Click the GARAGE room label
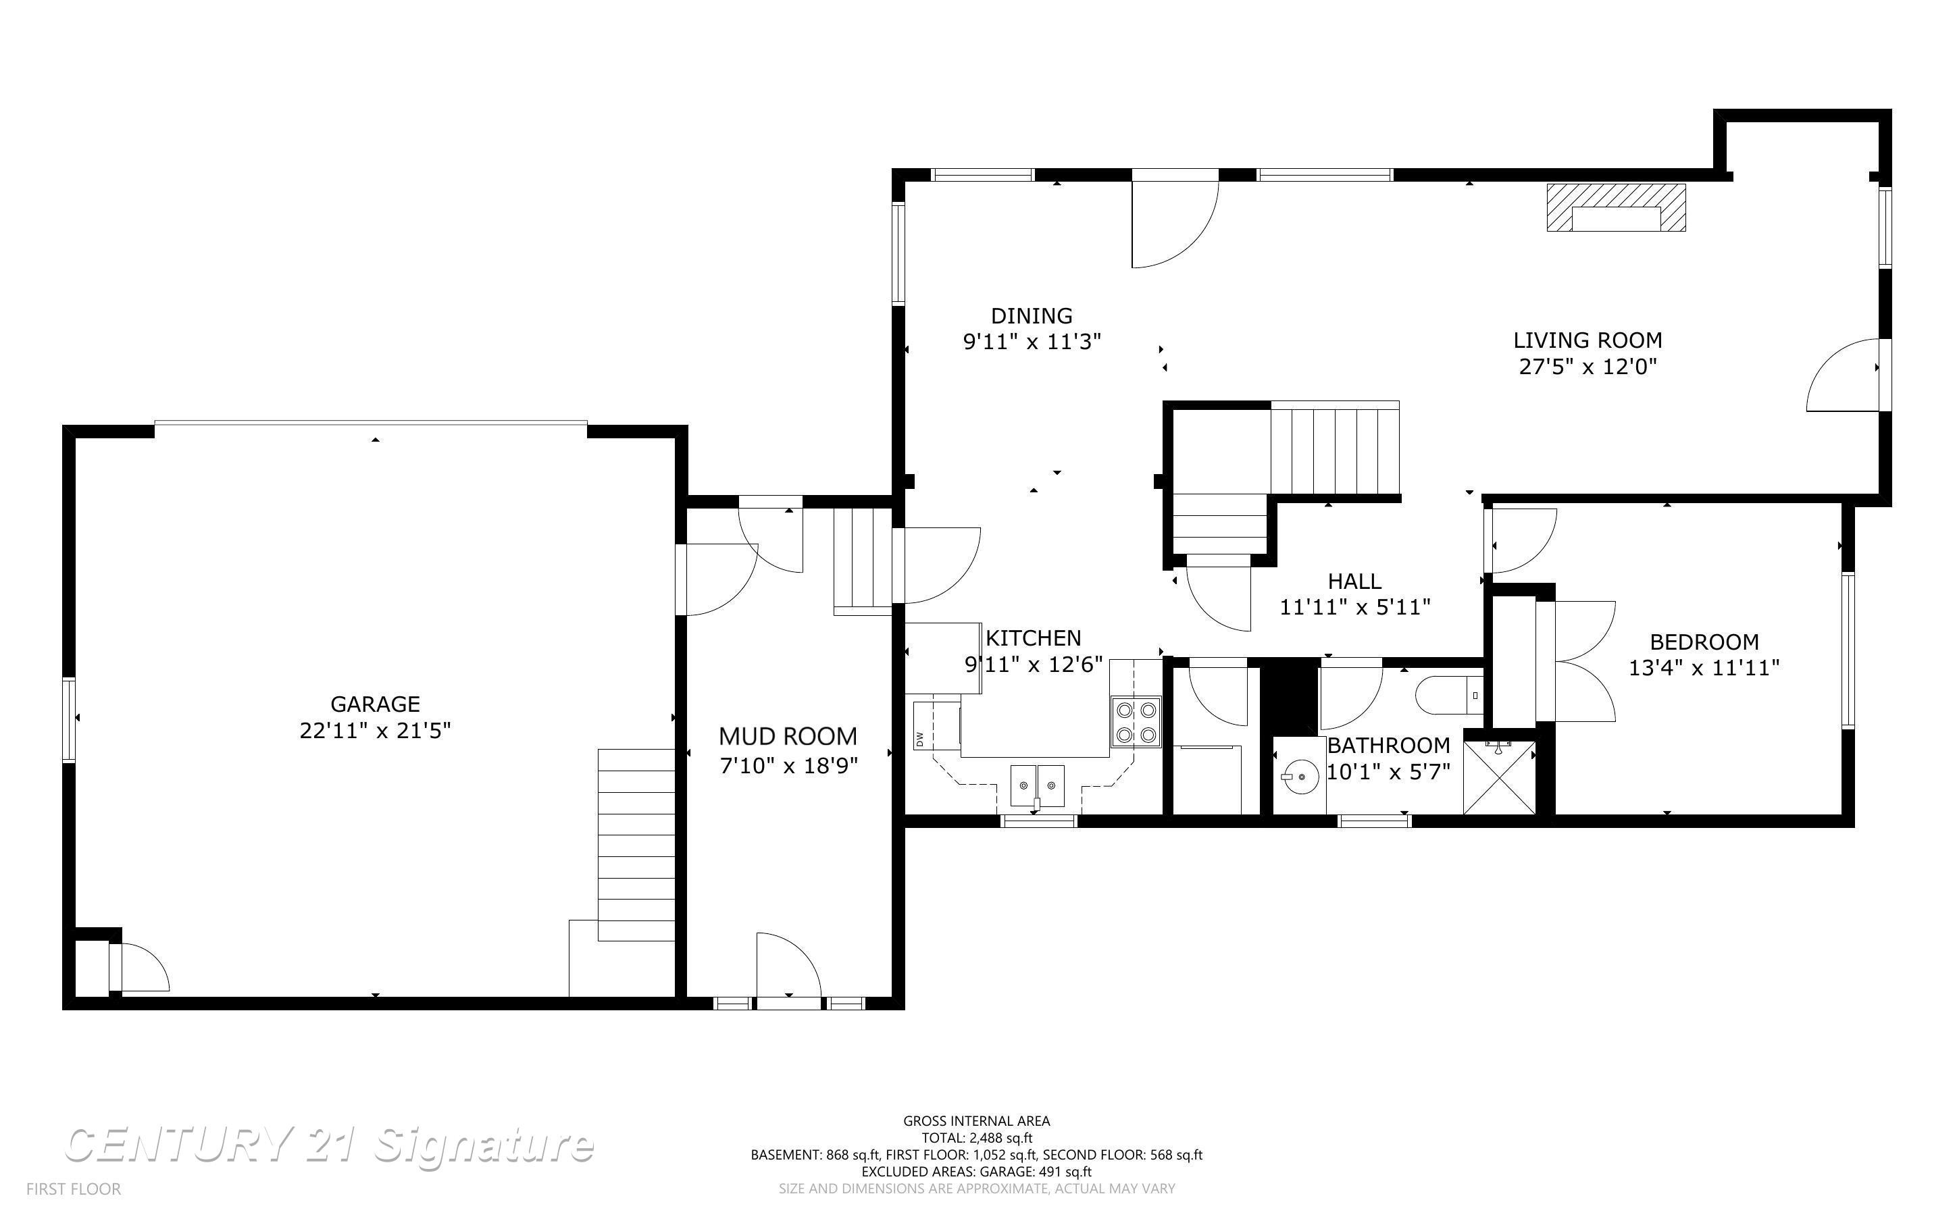pyautogui.click(x=375, y=704)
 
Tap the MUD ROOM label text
pyautogui.click(x=788, y=737)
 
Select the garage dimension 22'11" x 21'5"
pyautogui.click(x=375, y=731)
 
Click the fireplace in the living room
pyautogui.click(x=1616, y=207)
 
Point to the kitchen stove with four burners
pyautogui.click(x=1136, y=722)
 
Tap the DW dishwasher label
pyautogui.click(x=919, y=738)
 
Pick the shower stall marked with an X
pyautogui.click(x=1500, y=777)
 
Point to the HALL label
pyautogui.click(x=1355, y=581)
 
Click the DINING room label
pyautogui.click(x=1032, y=316)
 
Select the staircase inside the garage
pyautogui.click(x=636, y=845)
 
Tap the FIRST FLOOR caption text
pyautogui.click(x=74, y=1189)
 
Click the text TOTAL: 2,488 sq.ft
pyautogui.click(x=977, y=1138)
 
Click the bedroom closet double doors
pyautogui.click(x=1584, y=661)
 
